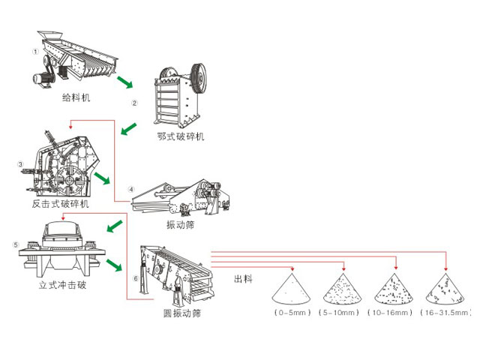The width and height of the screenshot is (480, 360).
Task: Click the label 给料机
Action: click(76, 97)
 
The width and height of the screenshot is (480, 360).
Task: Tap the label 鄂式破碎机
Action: click(181, 136)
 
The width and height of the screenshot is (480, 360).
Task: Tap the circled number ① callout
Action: click(34, 52)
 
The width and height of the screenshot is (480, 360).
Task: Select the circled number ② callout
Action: click(135, 103)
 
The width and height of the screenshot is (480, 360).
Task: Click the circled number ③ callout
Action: click(20, 163)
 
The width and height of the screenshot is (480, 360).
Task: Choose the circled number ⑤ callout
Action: click(15, 244)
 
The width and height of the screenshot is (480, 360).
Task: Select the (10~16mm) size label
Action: click(391, 311)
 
